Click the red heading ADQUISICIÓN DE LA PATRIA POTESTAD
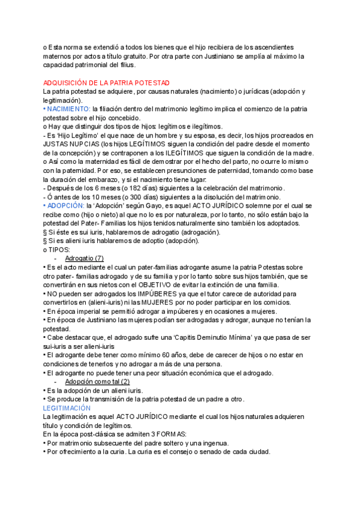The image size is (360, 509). [107, 82]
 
